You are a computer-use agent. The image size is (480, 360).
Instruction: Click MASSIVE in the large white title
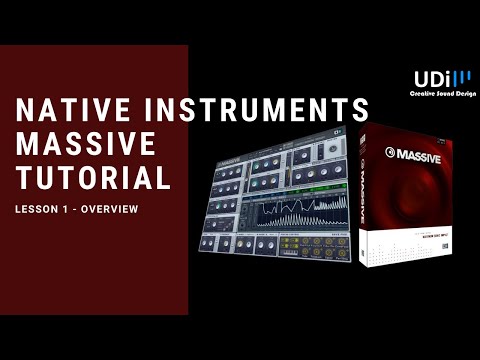(87, 144)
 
